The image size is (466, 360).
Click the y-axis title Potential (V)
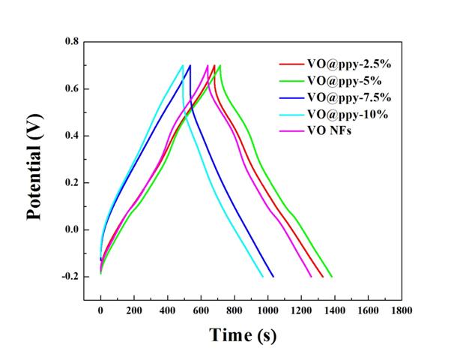[34, 170]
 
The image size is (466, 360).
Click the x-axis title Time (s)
[243, 335]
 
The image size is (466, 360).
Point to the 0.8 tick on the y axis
[72, 42]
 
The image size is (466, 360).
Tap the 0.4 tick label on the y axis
[72, 136]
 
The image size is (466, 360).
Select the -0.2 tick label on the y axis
[70, 277]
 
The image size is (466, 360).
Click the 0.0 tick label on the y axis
[72, 229]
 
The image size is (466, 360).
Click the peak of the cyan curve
[182, 65]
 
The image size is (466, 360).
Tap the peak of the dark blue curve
[190, 65]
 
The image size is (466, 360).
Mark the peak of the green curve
[220, 65]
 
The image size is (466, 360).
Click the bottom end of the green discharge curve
[331, 277]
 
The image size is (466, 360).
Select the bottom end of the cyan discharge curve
[263, 277]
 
